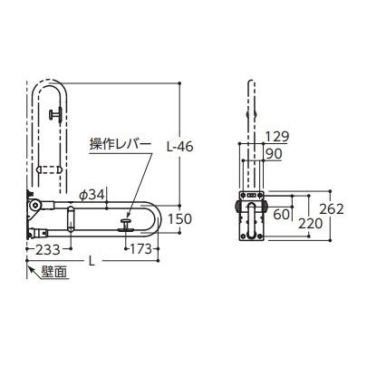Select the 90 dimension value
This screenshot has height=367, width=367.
[275, 155]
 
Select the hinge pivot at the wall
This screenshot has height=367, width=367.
[34, 207]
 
